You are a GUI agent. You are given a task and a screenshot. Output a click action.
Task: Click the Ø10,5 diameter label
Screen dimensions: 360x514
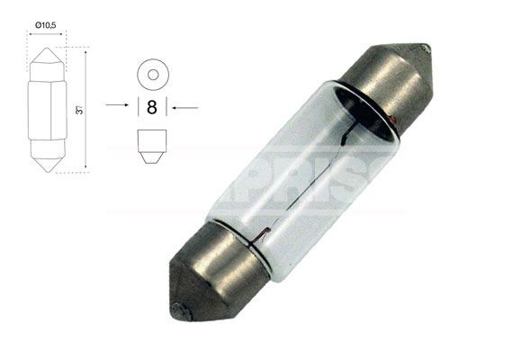47,25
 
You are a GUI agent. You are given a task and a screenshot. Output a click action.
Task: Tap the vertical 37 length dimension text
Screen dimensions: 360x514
80,110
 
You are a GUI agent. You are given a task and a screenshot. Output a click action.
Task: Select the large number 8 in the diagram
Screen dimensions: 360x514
151,106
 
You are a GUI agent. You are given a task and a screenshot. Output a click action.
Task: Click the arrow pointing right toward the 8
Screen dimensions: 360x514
118,106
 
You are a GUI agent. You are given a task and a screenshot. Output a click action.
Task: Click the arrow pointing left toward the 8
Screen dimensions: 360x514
185,106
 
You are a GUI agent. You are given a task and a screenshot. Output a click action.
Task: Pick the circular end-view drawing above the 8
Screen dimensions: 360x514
151,74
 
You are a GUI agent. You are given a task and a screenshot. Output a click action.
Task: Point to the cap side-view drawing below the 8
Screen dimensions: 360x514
151,144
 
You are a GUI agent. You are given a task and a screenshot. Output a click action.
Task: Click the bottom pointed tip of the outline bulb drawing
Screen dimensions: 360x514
47,168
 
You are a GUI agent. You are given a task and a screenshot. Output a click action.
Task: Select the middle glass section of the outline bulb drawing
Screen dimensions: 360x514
47,110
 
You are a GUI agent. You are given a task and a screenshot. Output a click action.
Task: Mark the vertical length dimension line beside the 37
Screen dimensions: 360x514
87,110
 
